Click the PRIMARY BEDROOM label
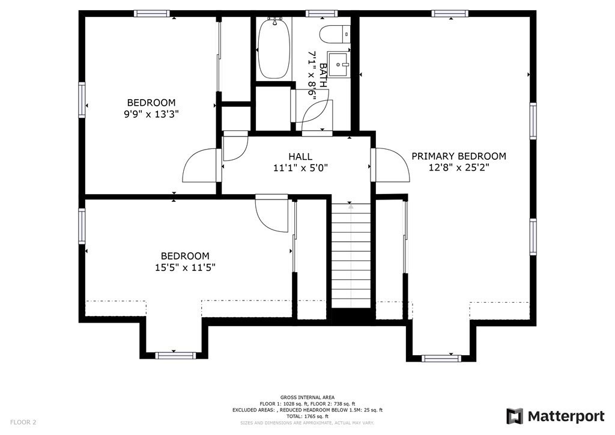[x=458, y=156]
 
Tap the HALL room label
[x=300, y=157]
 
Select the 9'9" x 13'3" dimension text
[x=151, y=114]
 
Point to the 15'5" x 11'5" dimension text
[x=185, y=267]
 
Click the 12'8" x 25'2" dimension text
[x=458, y=168]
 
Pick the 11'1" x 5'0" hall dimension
[x=300, y=168]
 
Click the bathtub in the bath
[x=274, y=48]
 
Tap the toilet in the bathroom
[x=335, y=34]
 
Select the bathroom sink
[x=339, y=64]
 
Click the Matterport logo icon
[x=514, y=416]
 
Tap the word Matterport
[x=566, y=416]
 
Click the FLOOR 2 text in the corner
[x=23, y=422]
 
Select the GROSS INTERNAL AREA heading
[x=307, y=397]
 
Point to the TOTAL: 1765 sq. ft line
[x=307, y=416]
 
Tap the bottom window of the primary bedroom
[x=441, y=357]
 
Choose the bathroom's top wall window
[x=321, y=14]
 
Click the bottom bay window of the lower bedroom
[x=175, y=355]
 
